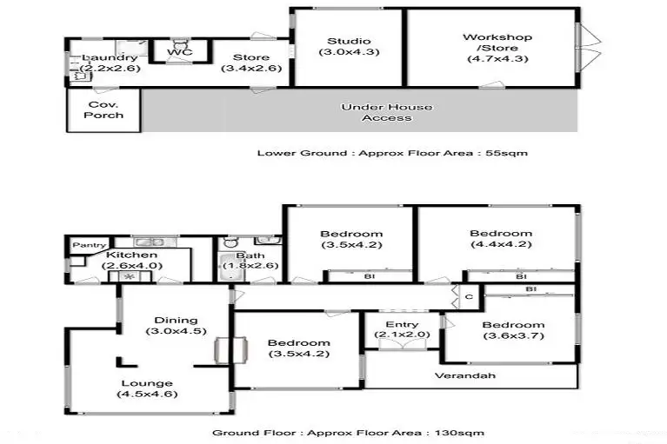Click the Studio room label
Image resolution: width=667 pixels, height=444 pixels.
[x=349, y=42]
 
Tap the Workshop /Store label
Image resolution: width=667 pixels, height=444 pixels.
[x=497, y=37]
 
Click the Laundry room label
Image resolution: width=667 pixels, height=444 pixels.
[x=109, y=58]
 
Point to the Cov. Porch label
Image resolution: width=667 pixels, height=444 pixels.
[x=104, y=109]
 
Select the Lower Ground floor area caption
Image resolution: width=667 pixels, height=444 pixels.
[x=392, y=153]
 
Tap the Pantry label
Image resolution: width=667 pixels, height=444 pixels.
[x=89, y=246]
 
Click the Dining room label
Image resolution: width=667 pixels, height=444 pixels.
[x=176, y=321]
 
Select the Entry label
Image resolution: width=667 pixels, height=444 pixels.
[x=395, y=325]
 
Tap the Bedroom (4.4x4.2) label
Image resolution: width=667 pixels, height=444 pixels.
[x=501, y=234]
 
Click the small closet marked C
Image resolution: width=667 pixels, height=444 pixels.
[x=468, y=297]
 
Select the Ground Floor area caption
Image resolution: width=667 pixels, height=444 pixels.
[x=348, y=433]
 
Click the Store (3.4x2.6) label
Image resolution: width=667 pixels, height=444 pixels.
[x=250, y=58]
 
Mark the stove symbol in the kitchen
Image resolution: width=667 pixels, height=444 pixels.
[x=131, y=276]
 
